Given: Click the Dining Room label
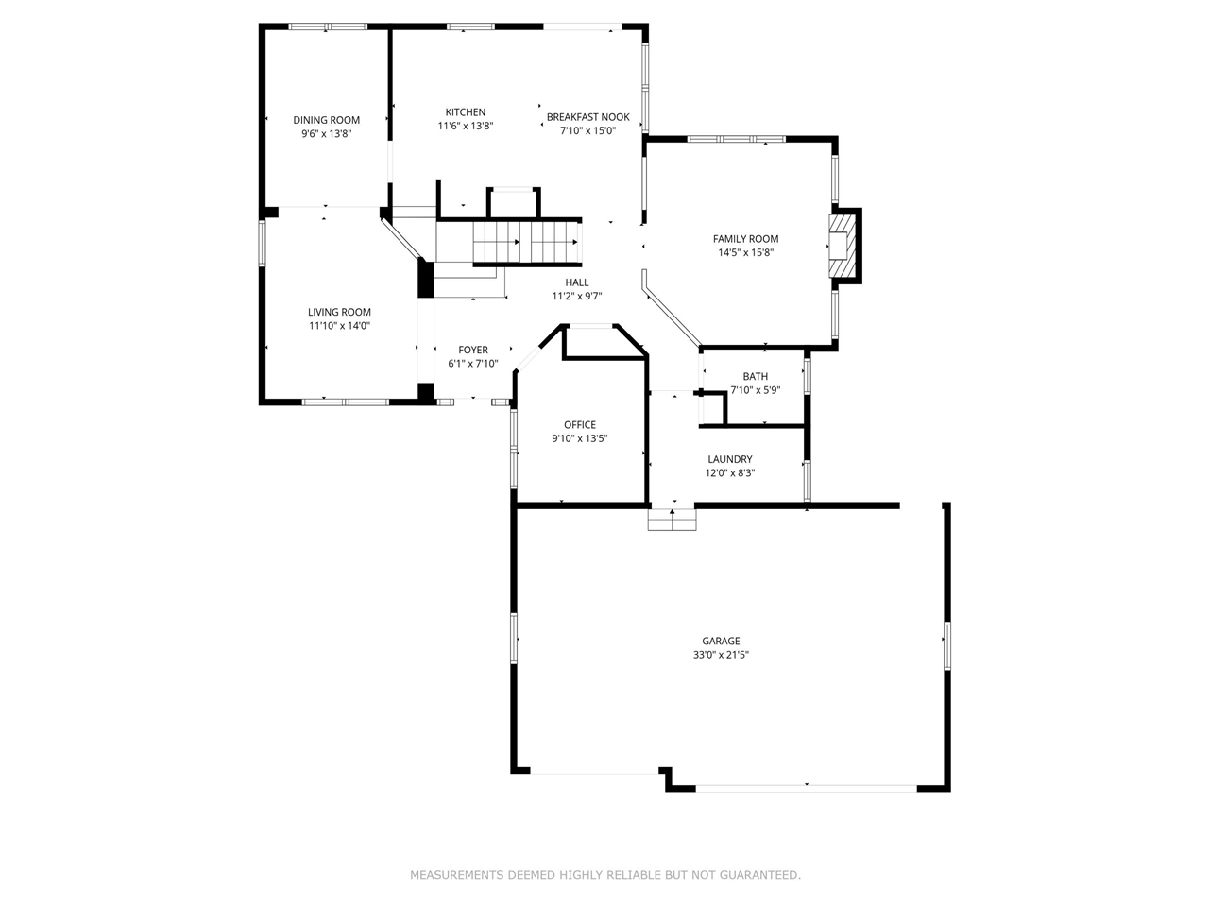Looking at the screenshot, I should click(326, 120).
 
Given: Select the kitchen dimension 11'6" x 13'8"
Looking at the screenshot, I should click(465, 126).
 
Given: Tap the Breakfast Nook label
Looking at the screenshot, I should click(587, 117).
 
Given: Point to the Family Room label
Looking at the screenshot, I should click(745, 239).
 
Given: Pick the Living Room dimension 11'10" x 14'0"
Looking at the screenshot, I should click(339, 326).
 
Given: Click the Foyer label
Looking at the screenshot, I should click(473, 351).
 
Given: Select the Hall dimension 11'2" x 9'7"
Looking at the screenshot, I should click(576, 296).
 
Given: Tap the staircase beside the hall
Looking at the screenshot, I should click(525, 243).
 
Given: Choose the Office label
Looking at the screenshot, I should click(579, 425).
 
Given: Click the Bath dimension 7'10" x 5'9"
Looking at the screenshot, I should click(755, 389).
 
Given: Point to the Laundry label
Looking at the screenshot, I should click(729, 460).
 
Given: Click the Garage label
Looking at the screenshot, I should click(721, 641).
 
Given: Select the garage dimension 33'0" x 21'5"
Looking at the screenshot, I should click(721, 655).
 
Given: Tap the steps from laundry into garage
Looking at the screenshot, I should click(672, 520).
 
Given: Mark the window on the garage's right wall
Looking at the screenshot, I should click(946, 645).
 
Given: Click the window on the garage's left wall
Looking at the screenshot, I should click(515, 638).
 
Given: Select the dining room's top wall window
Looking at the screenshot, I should click(327, 26).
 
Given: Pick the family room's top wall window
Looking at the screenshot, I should click(736, 140).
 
